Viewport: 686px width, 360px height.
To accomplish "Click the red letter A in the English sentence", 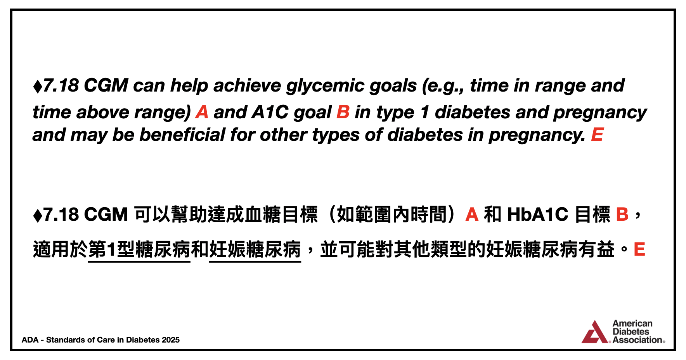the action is click(x=202, y=112).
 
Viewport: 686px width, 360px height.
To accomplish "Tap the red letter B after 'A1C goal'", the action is click(x=343, y=112).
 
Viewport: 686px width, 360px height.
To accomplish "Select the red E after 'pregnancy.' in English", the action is click(x=597, y=135).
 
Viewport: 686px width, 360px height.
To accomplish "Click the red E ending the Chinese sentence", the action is click(x=639, y=249).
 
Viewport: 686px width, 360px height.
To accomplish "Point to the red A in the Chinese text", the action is click(x=472, y=215).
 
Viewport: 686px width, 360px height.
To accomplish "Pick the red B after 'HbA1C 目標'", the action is click(x=622, y=215).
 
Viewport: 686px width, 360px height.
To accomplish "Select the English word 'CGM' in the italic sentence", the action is click(x=106, y=86).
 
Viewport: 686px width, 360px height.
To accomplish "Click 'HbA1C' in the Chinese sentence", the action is click(x=537, y=215).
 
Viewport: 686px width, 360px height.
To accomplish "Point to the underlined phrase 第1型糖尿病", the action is click(x=139, y=249).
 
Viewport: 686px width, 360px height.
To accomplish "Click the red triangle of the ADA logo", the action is click(x=595, y=332).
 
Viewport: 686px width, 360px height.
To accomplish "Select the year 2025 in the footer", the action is click(x=171, y=340).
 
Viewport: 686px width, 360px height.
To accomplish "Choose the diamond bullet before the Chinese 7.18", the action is click(x=38, y=215).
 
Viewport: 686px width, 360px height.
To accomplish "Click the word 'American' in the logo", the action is click(x=632, y=324).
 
